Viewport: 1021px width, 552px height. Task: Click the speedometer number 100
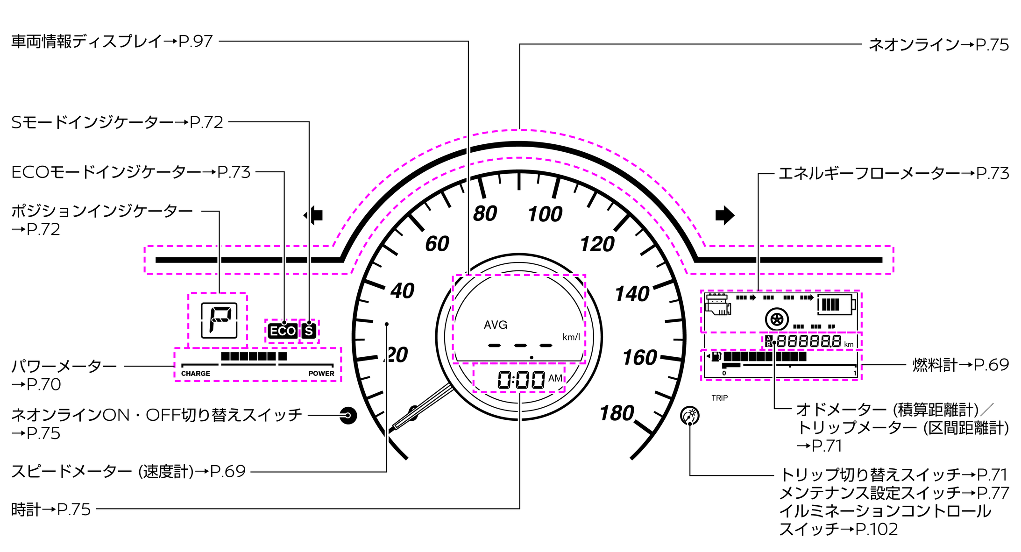pyautogui.click(x=545, y=214)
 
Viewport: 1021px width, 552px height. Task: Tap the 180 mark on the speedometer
pyautogui.click(x=617, y=413)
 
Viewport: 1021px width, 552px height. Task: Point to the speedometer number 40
pyautogui.click(x=402, y=291)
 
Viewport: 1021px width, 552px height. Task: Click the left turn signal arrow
pyautogui.click(x=314, y=215)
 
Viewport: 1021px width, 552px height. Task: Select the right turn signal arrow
pyautogui.click(x=724, y=215)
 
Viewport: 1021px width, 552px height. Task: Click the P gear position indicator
pyautogui.click(x=219, y=320)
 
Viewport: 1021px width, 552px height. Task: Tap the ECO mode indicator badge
pyautogui.click(x=283, y=331)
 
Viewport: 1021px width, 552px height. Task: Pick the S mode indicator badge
pyautogui.click(x=309, y=331)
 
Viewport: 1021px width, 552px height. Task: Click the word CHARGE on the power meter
pyautogui.click(x=195, y=374)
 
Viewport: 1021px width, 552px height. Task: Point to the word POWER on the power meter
pyautogui.click(x=321, y=374)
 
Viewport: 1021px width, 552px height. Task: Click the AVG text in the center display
pyautogui.click(x=496, y=325)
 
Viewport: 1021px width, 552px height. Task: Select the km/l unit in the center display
pyautogui.click(x=571, y=337)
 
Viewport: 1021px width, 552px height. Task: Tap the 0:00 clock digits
pyautogui.click(x=521, y=380)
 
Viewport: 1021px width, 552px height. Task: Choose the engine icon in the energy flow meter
pyautogui.click(x=718, y=304)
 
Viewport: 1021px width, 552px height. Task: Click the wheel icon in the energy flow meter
pyautogui.click(x=777, y=320)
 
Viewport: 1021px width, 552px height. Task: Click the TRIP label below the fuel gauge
pyautogui.click(x=719, y=398)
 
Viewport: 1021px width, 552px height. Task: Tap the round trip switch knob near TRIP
pyautogui.click(x=690, y=415)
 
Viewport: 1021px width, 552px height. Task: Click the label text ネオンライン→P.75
pyautogui.click(x=938, y=45)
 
